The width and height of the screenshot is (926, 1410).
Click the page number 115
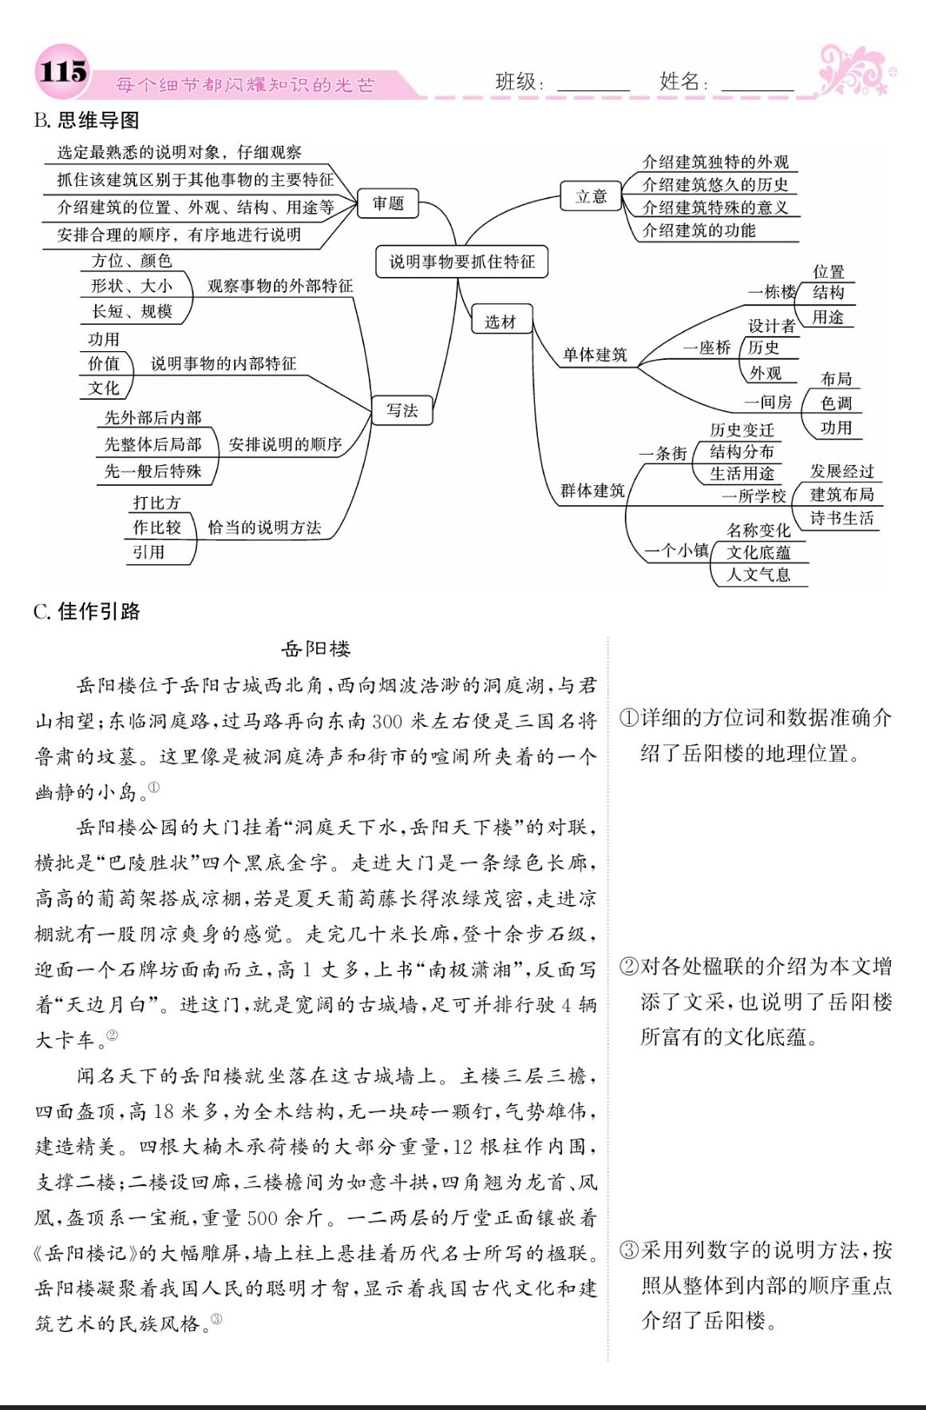[61, 73]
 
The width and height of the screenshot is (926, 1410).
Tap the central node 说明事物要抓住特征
[462, 261]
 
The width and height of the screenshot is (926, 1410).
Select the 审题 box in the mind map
[388, 203]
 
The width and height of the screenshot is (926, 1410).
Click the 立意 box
[592, 196]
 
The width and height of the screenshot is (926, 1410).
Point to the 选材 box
[501, 322]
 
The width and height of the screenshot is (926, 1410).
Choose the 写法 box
[402, 410]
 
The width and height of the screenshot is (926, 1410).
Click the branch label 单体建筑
[595, 355]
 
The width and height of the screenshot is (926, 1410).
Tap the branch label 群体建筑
[592, 491]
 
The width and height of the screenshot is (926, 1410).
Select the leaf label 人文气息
[758, 575]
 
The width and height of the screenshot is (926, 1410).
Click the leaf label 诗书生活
[841, 519]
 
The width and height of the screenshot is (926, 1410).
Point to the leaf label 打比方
[156, 503]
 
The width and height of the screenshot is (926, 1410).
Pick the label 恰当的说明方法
[264, 527]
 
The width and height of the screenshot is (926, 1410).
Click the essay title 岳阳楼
[316, 649]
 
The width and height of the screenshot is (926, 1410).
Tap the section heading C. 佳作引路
[87, 611]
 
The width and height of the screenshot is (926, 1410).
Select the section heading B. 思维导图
[87, 120]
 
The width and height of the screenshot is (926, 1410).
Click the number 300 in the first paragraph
[387, 721]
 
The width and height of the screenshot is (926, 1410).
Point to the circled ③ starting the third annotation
[629, 1250]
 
